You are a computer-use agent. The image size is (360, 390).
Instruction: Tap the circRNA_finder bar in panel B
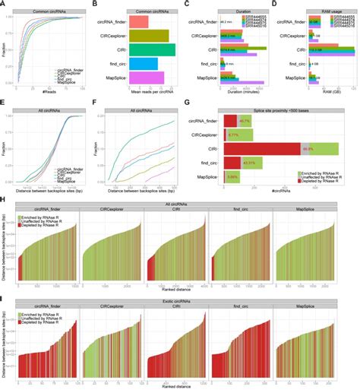coord(137,22)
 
